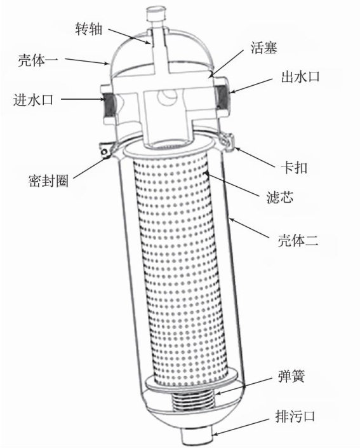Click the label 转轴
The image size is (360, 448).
pos(88,29)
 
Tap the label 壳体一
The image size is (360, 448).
pos(38,60)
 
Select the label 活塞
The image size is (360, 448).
pos(263,48)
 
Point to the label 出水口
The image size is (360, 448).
pos(300,77)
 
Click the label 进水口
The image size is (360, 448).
pos(33,100)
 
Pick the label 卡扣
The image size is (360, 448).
pos(295,168)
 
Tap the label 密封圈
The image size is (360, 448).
pos(48,180)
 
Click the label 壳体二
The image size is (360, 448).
pos(298,241)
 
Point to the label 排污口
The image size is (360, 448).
pos(295,416)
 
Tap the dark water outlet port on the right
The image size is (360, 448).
pos(221,98)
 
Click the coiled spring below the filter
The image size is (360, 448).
pos(193,401)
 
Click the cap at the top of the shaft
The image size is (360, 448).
pos(156,15)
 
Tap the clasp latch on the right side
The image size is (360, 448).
pos(229,142)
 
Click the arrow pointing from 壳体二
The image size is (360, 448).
pos(250,228)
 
